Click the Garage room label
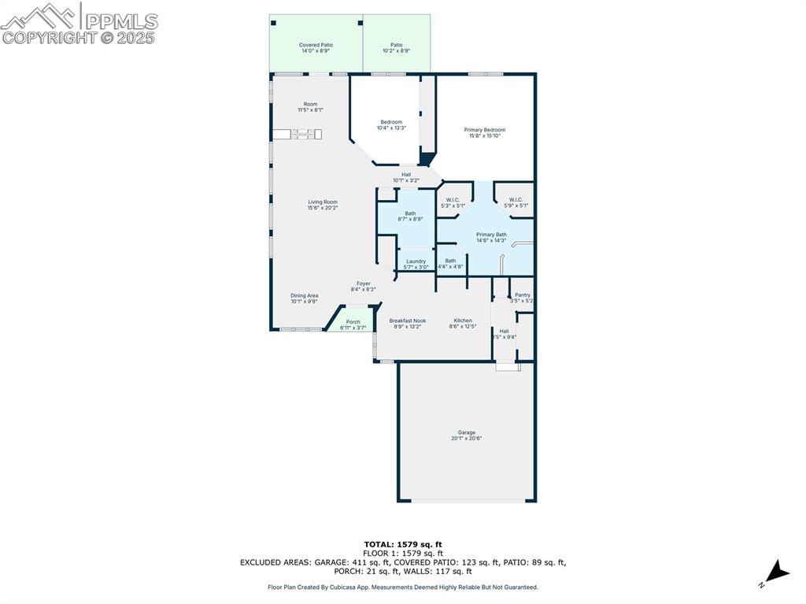click(466, 435)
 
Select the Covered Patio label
click(316, 47)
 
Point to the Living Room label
click(323, 205)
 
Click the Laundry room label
click(416, 264)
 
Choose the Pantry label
click(522, 298)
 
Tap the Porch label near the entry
click(353, 324)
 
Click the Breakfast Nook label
click(407, 323)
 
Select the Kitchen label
click(463, 323)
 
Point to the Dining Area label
click(305, 298)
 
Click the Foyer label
click(363, 286)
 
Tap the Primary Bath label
click(491, 237)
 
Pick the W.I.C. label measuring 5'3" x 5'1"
click(452, 202)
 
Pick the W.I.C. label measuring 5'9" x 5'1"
click(516, 202)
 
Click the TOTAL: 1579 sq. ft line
click(403, 544)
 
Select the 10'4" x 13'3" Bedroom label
click(391, 124)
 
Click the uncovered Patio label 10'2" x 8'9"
click(396, 47)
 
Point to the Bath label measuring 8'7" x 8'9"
click(410, 216)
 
